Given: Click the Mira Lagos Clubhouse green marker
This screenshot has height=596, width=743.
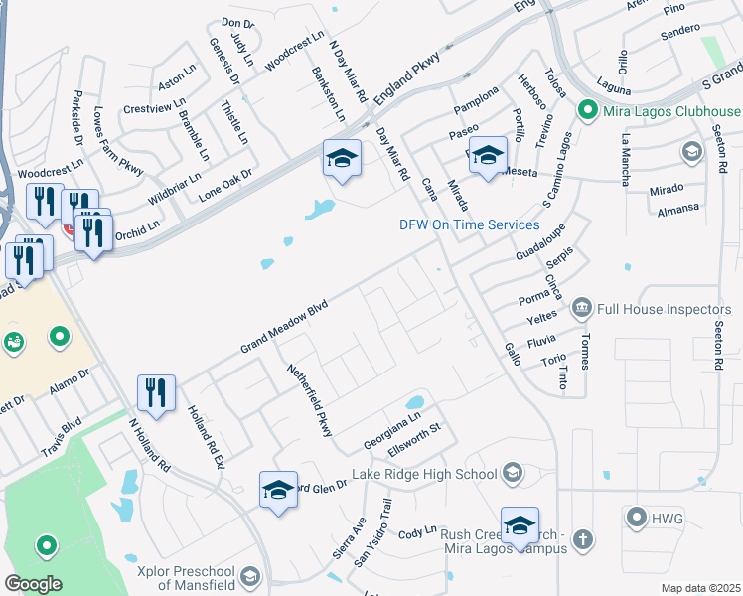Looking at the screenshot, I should click(x=587, y=111).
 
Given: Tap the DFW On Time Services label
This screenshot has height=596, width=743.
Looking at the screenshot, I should click(x=469, y=224).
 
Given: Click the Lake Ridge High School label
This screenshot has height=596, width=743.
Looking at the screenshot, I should click(x=432, y=472).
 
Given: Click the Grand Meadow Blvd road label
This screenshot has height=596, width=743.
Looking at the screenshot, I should click(x=283, y=329).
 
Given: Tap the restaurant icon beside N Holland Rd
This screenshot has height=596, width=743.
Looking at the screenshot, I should click(x=156, y=392).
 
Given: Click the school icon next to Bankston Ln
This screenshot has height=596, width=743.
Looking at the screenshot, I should click(x=341, y=159).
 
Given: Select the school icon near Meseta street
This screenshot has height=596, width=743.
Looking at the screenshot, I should click(x=488, y=154).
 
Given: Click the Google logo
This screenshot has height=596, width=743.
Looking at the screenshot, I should click(x=34, y=583).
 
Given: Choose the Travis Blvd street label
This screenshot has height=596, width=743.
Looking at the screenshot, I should click(x=60, y=439).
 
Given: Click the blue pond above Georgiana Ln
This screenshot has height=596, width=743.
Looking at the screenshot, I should click(x=414, y=402).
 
